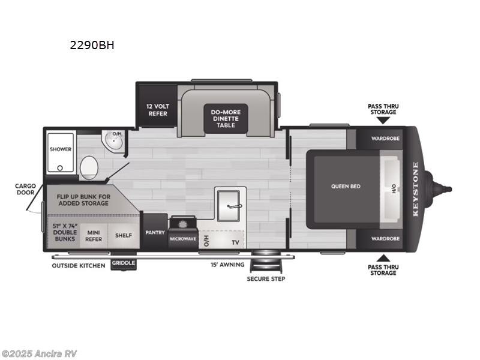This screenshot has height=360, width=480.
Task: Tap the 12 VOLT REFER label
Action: (157, 109)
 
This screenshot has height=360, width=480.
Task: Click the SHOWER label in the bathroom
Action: (61, 149)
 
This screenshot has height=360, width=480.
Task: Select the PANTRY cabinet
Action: (155, 232)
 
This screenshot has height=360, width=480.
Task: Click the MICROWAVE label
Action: (182, 239)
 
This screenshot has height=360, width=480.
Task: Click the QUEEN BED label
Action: (346, 187)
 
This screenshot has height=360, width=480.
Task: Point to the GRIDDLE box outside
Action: (124, 263)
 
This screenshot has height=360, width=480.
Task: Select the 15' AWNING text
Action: (227, 265)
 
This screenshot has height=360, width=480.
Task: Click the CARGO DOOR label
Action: (26, 190)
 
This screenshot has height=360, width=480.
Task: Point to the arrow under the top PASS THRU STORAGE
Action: (383, 121)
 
